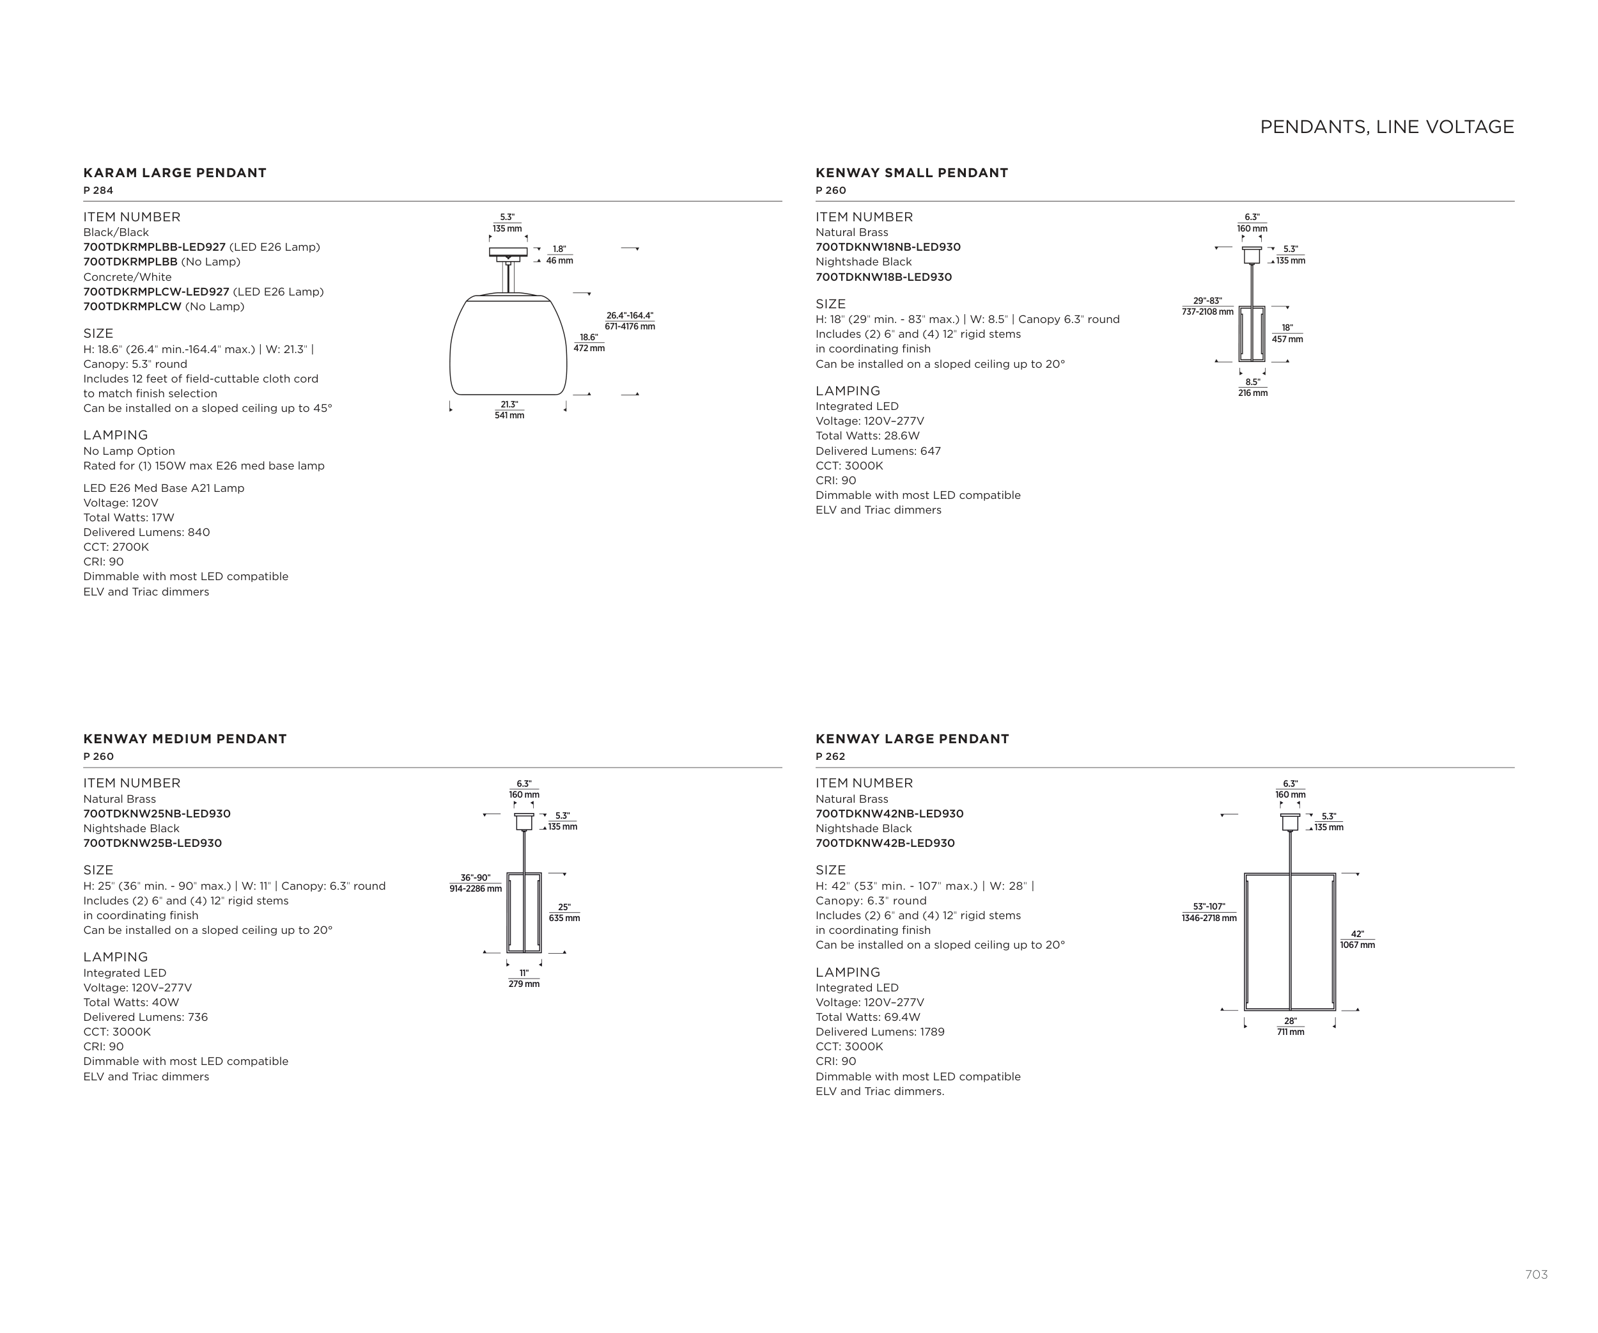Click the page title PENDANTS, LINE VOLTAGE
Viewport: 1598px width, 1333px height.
[x=1386, y=127]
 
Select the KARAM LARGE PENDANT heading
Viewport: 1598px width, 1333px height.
[x=175, y=173]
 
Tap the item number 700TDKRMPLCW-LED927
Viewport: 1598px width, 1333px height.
[x=156, y=292]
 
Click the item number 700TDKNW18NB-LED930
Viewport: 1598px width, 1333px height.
[x=888, y=248]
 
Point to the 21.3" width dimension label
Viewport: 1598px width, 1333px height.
[x=509, y=409]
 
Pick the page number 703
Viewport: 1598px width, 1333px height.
[x=1535, y=1274]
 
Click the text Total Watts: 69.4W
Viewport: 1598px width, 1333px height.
[x=867, y=1017]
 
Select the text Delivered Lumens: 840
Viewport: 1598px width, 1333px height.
[x=146, y=532]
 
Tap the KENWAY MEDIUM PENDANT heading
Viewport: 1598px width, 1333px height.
[x=185, y=739]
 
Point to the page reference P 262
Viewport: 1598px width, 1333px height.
[x=830, y=757]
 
